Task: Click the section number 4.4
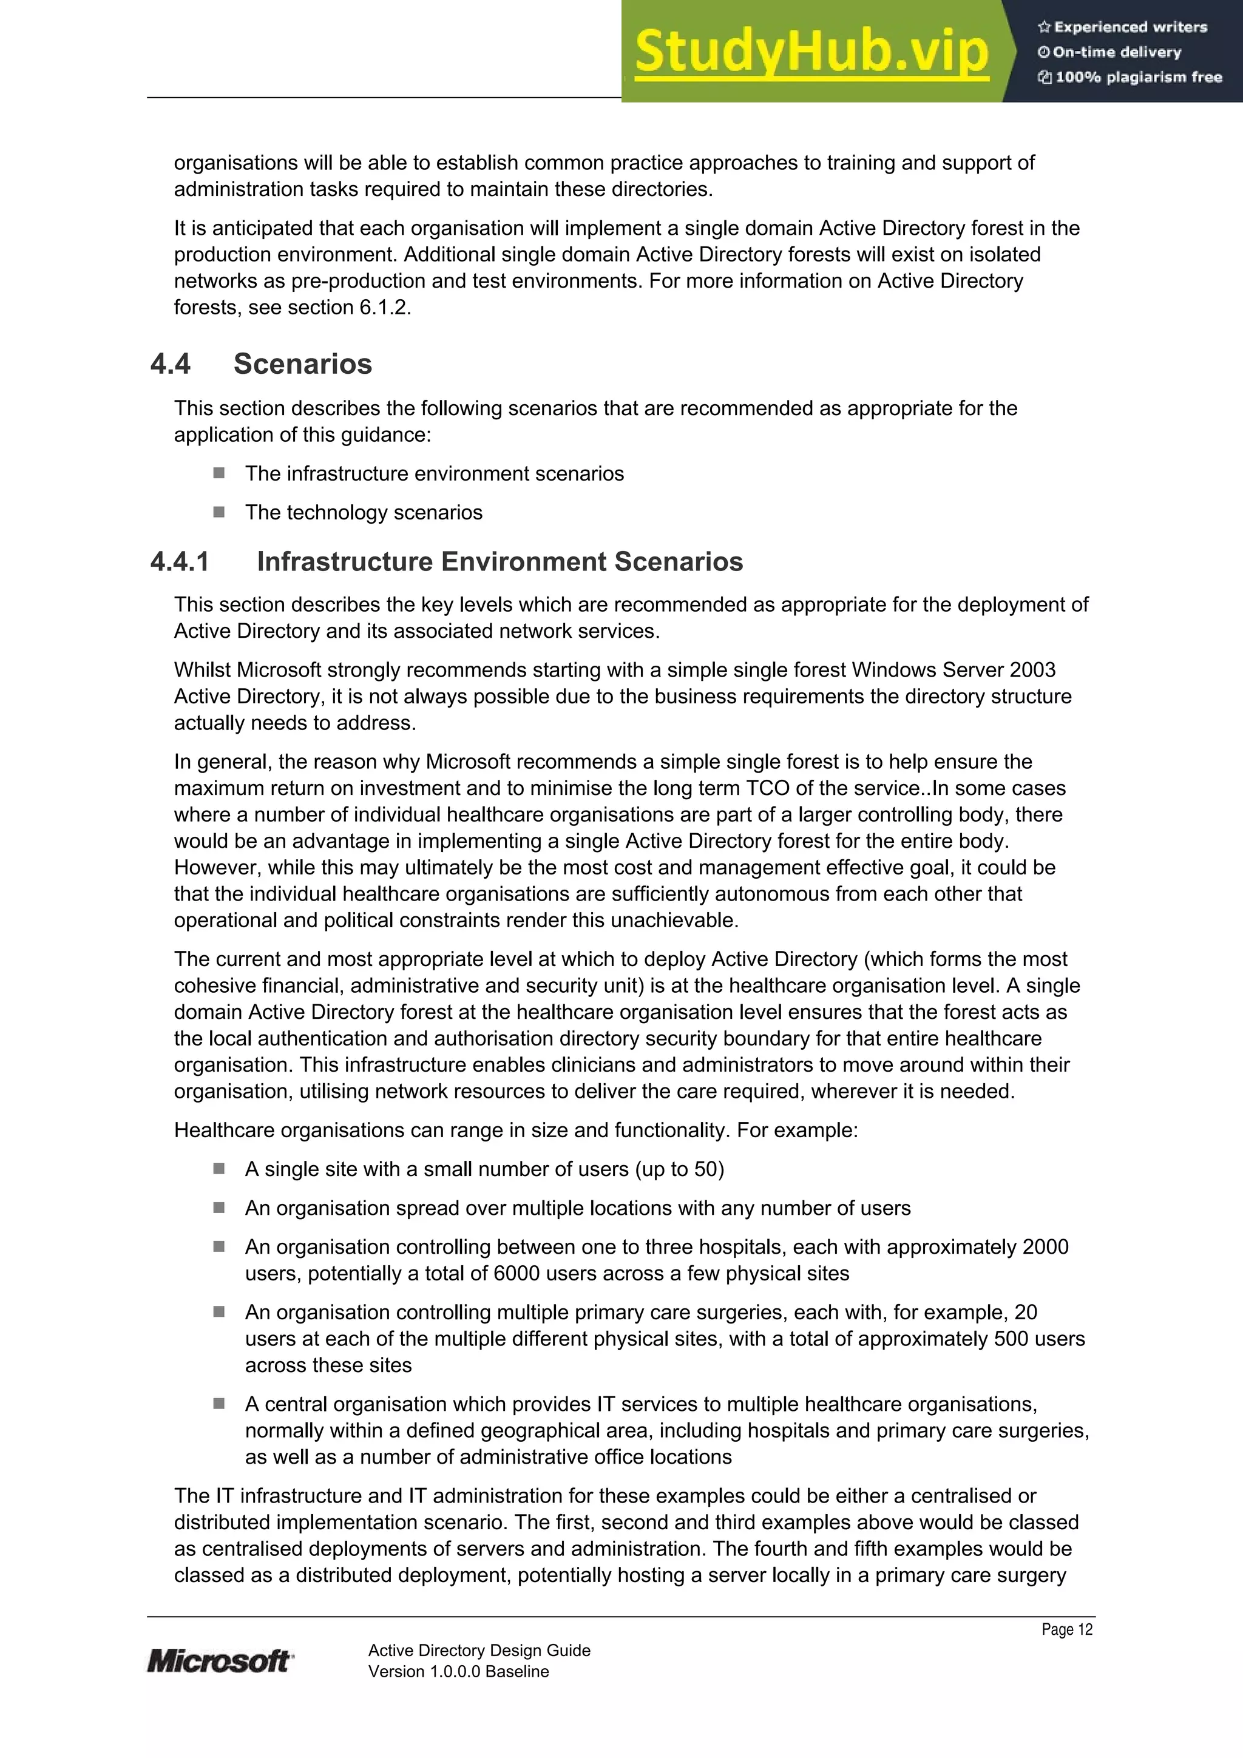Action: point(170,363)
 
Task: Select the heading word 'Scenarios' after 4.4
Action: point(302,363)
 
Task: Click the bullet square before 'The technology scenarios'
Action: point(219,512)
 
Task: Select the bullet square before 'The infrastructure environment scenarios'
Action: point(219,473)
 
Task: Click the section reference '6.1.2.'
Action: point(385,307)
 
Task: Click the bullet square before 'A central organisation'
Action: point(219,1404)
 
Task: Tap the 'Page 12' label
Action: point(1066,1629)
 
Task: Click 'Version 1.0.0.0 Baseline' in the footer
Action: point(458,1671)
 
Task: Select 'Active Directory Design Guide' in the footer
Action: point(479,1650)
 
